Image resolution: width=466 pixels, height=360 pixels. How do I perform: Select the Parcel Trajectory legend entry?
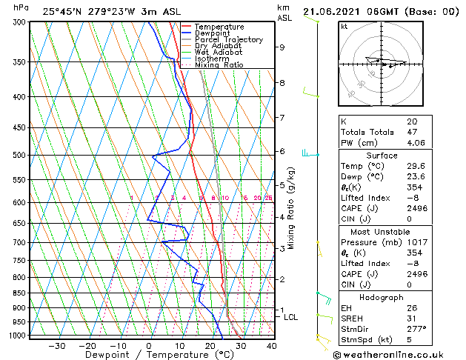(228, 39)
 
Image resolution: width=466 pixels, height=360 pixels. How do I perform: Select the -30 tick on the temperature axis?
(56, 345)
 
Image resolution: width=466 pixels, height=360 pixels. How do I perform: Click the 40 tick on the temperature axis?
(271, 345)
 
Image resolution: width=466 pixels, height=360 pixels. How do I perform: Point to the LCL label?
(291, 317)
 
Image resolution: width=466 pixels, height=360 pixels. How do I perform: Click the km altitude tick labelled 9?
(282, 47)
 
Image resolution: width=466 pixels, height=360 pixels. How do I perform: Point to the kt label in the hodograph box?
(344, 26)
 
